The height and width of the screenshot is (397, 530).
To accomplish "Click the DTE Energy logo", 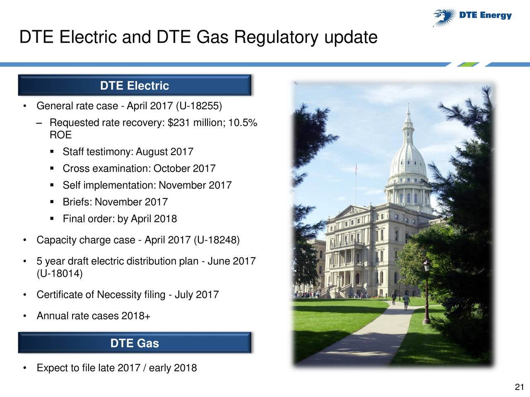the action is click(472, 17).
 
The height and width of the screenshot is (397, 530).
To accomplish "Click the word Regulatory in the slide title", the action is click(276, 37).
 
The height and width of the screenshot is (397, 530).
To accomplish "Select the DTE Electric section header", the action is click(135, 85).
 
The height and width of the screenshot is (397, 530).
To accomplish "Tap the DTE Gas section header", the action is click(135, 343).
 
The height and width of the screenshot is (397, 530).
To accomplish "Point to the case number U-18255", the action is click(199, 106).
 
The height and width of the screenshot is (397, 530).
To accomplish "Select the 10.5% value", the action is click(242, 123).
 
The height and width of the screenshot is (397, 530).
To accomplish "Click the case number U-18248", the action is click(217, 240).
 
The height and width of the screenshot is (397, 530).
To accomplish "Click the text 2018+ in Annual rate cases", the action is click(136, 316).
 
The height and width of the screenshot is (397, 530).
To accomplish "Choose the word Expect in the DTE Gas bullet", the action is click(52, 368).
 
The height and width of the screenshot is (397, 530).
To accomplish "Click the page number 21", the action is click(519, 387).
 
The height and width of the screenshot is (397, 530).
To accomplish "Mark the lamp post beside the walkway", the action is click(426, 292).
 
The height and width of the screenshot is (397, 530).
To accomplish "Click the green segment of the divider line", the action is click(468, 65).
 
